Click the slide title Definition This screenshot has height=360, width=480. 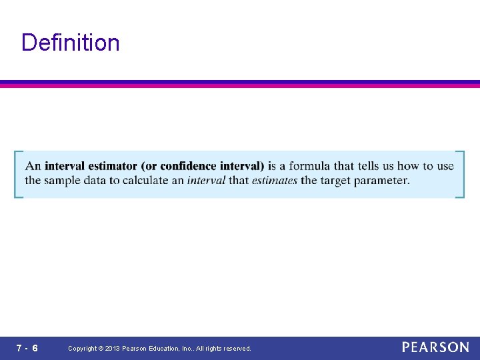71,43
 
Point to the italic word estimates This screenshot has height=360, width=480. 275,180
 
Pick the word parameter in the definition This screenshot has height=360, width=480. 383,181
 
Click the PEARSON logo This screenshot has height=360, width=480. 435,347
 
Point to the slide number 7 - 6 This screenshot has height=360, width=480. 27,348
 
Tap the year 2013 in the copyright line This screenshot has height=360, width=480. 113,349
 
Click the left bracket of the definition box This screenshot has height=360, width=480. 17,174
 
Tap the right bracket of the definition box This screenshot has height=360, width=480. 461,174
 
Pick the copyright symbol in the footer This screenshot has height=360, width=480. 100,349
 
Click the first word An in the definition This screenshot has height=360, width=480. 33,166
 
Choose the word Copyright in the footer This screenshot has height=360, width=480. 83,349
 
